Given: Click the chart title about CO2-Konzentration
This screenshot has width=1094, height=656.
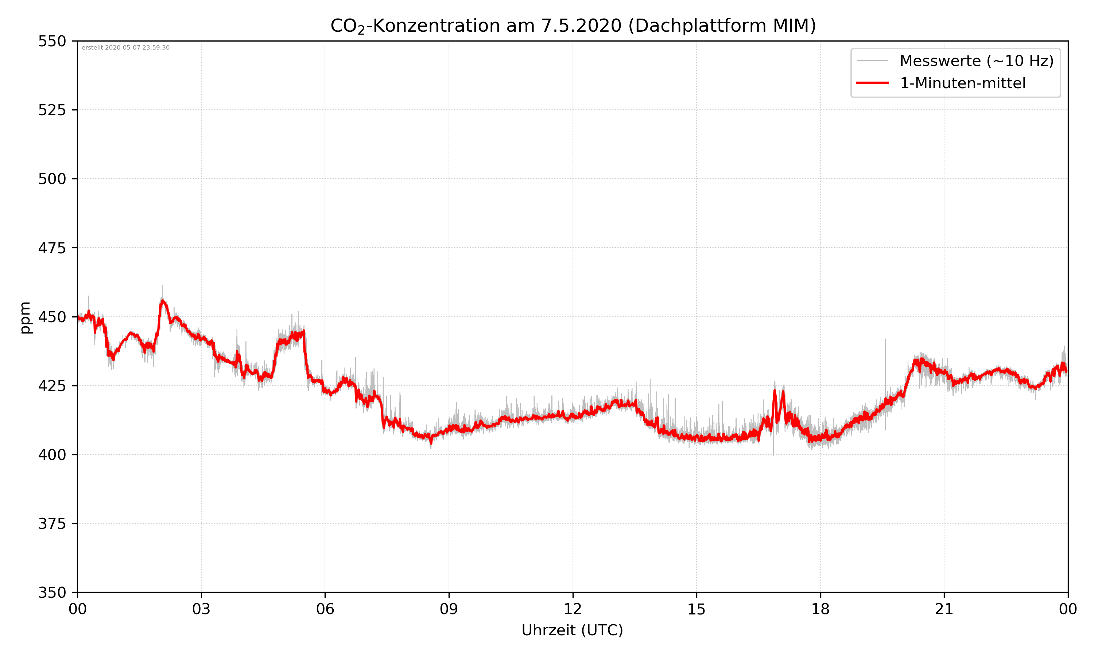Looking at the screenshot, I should [573, 26].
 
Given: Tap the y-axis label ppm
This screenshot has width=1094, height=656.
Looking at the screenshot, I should [25, 317].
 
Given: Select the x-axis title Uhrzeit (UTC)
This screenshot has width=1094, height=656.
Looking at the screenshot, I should [572, 630].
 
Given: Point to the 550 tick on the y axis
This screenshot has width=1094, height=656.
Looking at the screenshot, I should [52, 42].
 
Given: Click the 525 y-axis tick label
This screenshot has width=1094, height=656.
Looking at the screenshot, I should [52, 110].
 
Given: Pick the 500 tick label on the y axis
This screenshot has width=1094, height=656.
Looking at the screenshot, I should [52, 179].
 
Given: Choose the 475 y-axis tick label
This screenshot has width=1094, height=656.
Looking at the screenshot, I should [52, 248].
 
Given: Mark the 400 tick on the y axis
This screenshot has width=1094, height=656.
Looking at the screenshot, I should [52, 455].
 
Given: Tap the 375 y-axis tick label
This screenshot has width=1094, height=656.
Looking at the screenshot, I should [52, 524].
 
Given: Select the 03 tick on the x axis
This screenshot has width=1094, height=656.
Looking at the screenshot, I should [201, 609].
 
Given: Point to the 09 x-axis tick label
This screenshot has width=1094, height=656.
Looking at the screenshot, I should [449, 609].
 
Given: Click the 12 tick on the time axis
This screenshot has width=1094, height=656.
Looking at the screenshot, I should [573, 609].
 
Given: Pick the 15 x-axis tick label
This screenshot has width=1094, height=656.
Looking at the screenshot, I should [697, 609].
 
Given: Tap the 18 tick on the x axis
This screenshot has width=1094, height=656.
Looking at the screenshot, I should [820, 609].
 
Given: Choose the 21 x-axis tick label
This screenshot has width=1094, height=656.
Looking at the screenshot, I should [944, 609].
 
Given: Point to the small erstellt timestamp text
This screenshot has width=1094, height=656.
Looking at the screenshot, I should [125, 48].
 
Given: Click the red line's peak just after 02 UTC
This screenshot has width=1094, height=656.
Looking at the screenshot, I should [163, 301].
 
